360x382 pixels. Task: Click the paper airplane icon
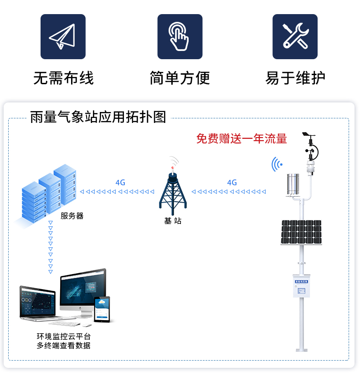[x=63, y=36]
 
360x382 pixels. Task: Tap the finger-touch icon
[x=180, y=36]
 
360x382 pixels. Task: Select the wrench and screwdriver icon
[x=295, y=36]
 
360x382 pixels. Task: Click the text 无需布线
[x=63, y=78]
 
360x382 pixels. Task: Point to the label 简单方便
[x=180, y=78]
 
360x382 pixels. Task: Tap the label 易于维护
[x=295, y=78]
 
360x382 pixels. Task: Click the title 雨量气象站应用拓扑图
[x=98, y=117]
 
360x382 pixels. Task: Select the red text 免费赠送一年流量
[x=242, y=138]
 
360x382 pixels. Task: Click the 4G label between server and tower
[x=120, y=183]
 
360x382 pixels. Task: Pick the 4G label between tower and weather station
[x=232, y=183]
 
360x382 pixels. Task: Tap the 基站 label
[x=173, y=221]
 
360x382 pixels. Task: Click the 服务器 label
[x=72, y=216]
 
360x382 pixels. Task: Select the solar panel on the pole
[x=301, y=232]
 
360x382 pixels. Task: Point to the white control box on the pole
[x=301, y=286]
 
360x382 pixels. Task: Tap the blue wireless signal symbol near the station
[x=277, y=164]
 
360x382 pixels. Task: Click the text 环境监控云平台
[x=64, y=336]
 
